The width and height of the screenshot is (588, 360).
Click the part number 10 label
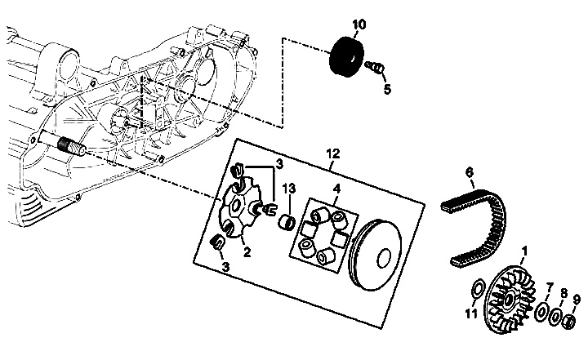point(359,24)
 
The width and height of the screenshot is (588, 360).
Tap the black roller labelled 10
point(346,57)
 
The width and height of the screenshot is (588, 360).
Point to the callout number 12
point(333,153)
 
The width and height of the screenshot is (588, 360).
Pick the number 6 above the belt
point(470,172)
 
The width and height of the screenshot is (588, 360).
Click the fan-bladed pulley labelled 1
point(510,299)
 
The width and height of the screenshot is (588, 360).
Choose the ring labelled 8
point(555,318)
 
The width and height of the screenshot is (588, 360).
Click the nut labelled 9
point(570,322)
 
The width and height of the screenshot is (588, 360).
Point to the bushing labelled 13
point(287,221)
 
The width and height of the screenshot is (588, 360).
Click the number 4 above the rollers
point(336,189)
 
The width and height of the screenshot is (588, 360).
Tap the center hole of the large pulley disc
point(384,258)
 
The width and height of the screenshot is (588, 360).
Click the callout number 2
point(247,252)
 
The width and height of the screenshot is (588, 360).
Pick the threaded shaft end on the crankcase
point(71,146)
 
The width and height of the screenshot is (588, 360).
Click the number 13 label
point(289,189)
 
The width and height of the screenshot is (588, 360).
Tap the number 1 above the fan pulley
point(524,251)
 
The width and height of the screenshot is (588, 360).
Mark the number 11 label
point(471,313)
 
